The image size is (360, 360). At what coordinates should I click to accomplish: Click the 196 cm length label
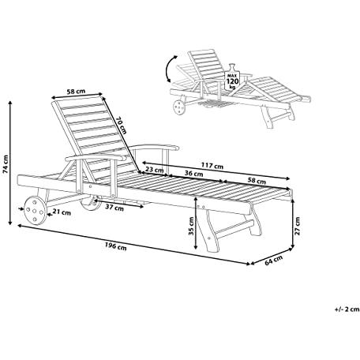point(116,247)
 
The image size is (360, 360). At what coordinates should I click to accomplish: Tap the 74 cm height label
point(6,164)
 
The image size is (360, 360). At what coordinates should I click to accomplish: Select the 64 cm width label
point(274,260)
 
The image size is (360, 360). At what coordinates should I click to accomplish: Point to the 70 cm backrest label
point(122,126)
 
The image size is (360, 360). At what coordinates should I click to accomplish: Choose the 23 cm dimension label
point(155,170)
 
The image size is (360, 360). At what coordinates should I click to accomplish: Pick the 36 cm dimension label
point(193,174)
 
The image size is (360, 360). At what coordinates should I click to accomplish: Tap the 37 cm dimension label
point(114,208)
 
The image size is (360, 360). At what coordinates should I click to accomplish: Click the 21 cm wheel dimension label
point(62,212)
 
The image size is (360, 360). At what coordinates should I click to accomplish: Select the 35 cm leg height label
point(191,226)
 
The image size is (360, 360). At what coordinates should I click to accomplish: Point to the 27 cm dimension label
point(298,226)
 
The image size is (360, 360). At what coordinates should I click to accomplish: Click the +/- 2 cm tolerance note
point(347,309)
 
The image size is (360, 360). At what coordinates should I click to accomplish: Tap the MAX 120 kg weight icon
point(232,77)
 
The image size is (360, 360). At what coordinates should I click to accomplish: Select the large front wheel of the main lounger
point(36,210)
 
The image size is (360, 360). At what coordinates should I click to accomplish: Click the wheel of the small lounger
point(179,107)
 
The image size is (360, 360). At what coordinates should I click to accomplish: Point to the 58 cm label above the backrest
point(76,92)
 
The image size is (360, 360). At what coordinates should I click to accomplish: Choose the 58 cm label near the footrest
point(257,181)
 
